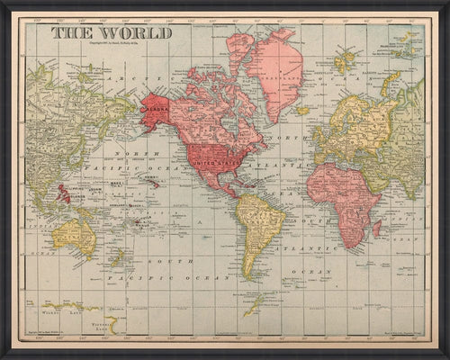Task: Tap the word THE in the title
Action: (x=65, y=33)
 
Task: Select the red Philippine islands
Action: (x=64, y=193)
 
